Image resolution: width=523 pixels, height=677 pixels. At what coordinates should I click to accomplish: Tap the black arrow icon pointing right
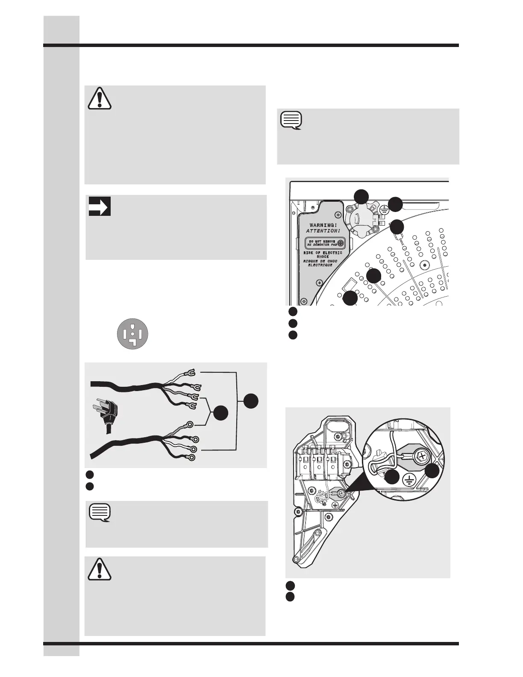pos(100,206)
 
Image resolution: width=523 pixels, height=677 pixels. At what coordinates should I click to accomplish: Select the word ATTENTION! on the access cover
pos(323,230)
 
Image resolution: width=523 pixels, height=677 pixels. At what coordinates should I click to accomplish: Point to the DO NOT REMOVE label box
pos(325,243)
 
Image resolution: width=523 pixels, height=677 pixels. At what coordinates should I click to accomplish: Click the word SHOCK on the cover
pos(323,257)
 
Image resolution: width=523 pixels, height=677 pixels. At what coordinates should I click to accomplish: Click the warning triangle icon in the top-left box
pos(100,98)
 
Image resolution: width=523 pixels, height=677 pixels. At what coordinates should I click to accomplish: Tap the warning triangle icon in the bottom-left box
pos(100,569)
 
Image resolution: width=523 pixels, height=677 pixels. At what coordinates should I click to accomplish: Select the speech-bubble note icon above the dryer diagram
pos(292,121)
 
